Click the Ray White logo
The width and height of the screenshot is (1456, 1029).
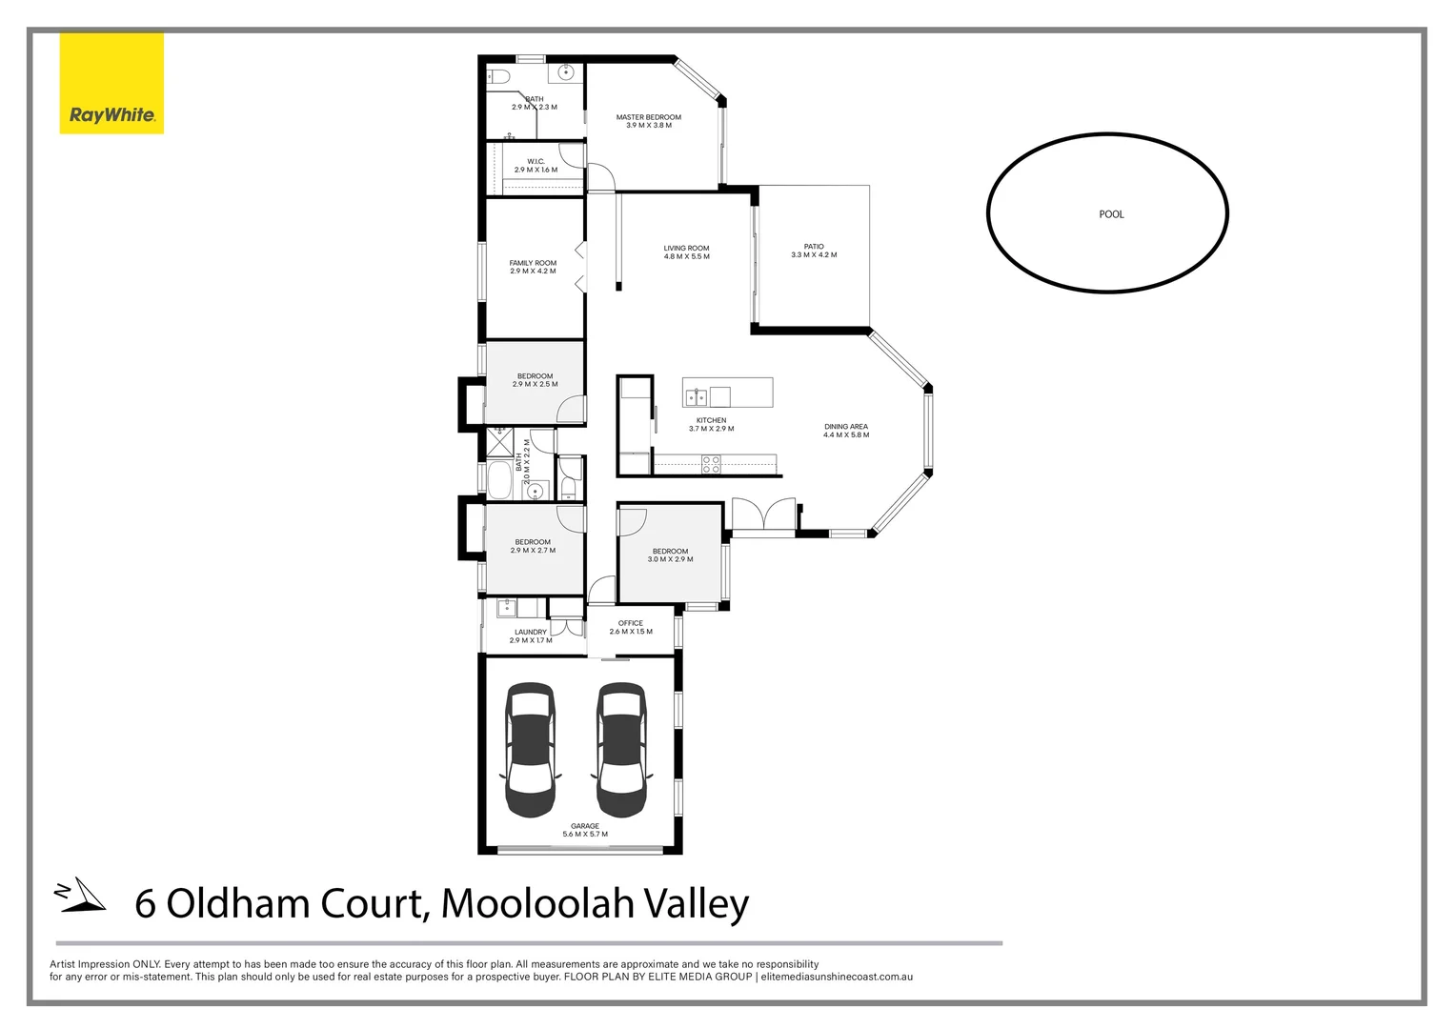[111, 84]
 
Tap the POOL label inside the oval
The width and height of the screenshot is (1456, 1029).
[1111, 214]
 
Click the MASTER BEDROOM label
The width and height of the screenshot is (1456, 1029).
[648, 117]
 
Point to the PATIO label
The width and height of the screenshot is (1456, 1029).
[814, 247]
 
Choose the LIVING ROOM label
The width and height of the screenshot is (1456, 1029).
[686, 249]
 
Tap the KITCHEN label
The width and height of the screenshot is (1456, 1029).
[711, 420]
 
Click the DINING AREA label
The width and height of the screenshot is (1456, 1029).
[846, 427]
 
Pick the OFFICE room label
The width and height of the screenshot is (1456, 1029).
[631, 623]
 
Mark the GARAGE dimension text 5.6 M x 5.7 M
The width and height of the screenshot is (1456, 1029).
[585, 835]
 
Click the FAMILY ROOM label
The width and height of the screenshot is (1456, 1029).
[533, 263]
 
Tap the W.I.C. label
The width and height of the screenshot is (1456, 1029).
[536, 161]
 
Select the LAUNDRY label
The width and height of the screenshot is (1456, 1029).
[531, 632]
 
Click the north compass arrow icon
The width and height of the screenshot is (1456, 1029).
[81, 895]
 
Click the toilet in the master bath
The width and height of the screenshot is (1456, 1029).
[499, 76]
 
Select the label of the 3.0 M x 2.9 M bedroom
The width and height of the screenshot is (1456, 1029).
[670, 551]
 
